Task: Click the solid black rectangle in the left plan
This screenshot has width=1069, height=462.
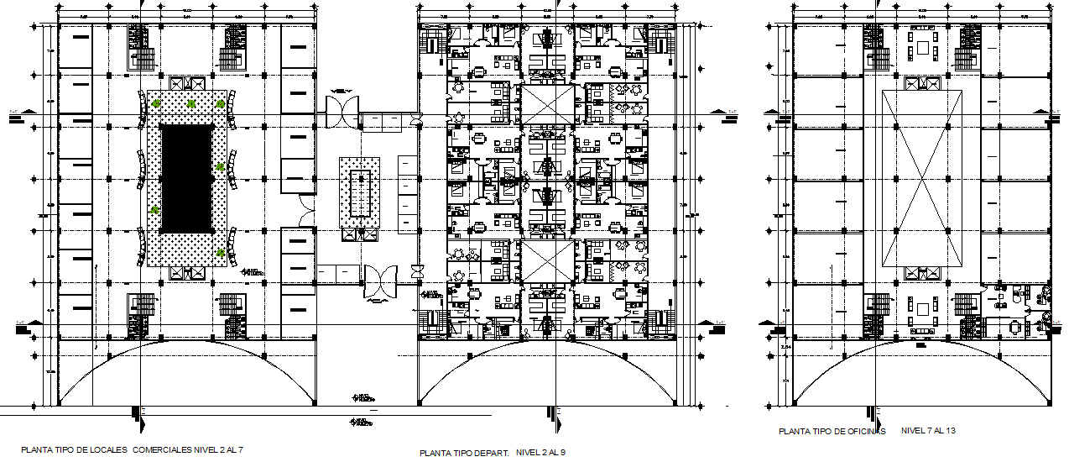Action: (186, 179)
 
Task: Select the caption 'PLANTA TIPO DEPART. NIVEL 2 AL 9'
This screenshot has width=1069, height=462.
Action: (493, 453)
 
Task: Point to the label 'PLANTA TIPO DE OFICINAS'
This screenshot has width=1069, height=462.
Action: (832, 431)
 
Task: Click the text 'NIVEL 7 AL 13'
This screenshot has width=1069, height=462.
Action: (928, 430)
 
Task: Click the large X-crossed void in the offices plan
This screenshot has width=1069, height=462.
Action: (921, 178)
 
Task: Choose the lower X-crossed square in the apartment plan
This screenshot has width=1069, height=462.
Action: (546, 260)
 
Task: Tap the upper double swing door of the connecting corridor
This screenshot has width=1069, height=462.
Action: (343, 108)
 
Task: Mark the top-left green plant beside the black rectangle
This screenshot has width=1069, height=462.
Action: (157, 103)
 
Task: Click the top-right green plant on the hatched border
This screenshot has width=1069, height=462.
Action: (221, 103)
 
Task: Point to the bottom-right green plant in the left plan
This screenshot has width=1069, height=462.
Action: (221, 252)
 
